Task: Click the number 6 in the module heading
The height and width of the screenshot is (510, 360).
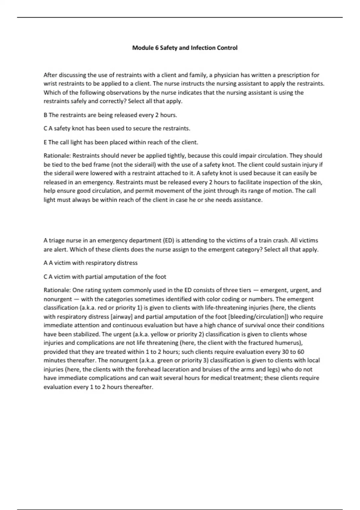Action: [157, 48]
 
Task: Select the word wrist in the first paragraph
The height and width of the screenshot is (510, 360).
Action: [50, 84]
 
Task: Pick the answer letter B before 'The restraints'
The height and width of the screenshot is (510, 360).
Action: [45, 115]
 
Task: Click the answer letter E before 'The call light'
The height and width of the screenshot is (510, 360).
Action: [45, 142]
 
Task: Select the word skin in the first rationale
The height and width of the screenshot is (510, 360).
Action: [316, 182]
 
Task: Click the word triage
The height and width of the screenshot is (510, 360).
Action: [56, 241]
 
